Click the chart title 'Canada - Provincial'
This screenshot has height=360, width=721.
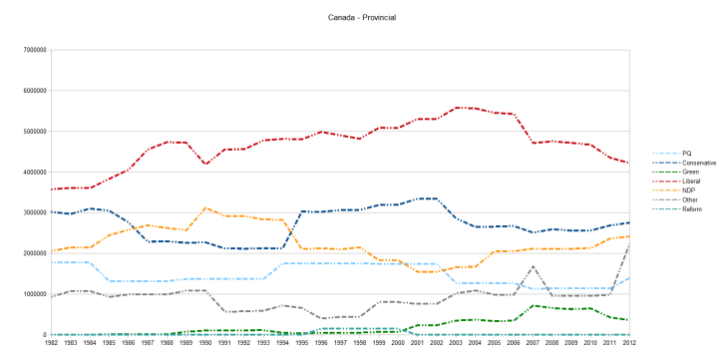(x=360, y=18)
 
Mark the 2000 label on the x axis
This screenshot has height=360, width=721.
(x=399, y=342)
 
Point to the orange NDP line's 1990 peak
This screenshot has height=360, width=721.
(x=204, y=207)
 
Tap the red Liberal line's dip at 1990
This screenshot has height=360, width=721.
(x=204, y=164)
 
